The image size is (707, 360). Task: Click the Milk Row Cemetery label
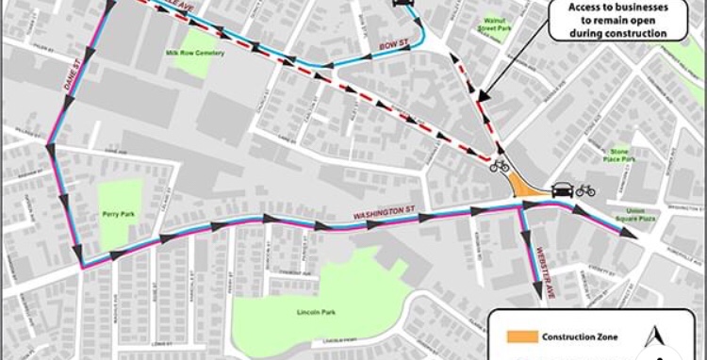(196, 53)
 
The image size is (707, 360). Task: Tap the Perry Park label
(115, 215)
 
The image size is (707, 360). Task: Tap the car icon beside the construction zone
(561, 189)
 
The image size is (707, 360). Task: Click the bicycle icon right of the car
(585, 189)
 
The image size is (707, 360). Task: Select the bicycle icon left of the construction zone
(500, 167)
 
